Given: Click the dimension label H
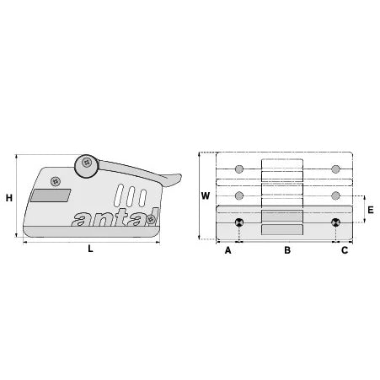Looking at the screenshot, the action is point(9,198).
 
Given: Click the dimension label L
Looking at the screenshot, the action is point(90,249).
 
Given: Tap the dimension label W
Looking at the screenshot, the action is point(206,195).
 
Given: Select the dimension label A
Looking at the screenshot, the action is point(228,250).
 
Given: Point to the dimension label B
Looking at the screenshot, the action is point(287,250).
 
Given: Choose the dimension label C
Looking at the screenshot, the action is point(345,250).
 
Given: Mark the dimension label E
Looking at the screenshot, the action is point(371,210).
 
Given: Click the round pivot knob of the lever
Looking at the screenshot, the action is point(86,166).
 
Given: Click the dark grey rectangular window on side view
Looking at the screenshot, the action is point(51,195).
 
